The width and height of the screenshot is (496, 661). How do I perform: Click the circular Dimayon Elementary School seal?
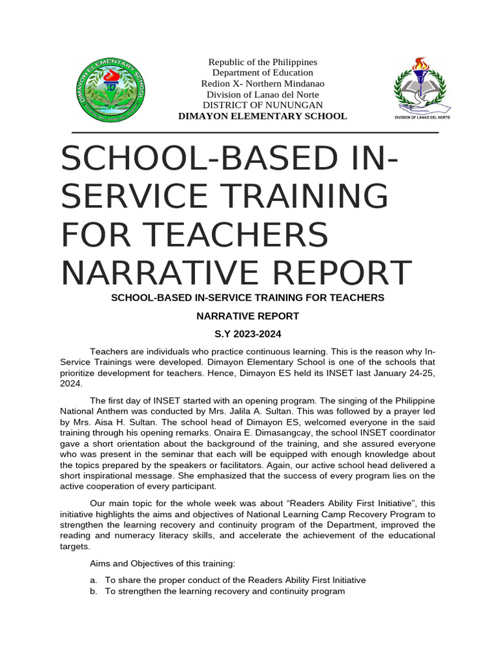[x=109, y=90]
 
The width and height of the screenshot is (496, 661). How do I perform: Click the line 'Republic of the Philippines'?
[x=262, y=62]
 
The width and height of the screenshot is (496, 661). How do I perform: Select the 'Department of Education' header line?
[x=262, y=73]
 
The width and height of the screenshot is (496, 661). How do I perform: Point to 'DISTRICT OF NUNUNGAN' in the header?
[x=262, y=105]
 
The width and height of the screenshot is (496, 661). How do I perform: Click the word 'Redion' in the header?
[x=214, y=84]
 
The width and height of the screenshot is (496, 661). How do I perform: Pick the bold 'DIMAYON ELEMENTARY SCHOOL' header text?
[x=262, y=116]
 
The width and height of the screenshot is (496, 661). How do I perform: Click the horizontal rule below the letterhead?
[x=254, y=133]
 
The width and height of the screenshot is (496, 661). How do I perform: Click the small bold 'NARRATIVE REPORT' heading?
[x=247, y=316]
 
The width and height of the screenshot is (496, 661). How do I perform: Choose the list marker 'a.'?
[x=94, y=580]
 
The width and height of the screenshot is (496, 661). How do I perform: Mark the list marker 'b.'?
[x=94, y=591]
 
